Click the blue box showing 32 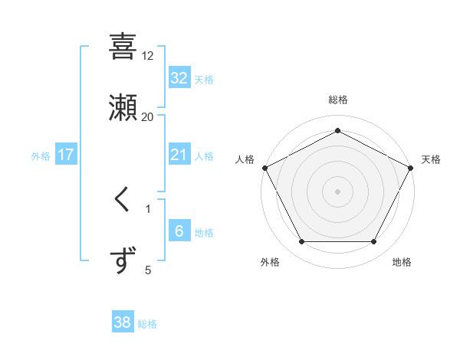tap(179, 77)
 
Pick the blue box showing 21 tap(179, 155)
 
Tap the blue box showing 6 tap(179, 231)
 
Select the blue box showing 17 tap(66, 155)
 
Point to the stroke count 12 tap(148, 56)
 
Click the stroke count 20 tap(148, 117)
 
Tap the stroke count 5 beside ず tap(148, 270)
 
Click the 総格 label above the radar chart tap(337, 100)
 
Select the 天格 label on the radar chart tap(431, 159)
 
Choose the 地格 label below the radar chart tap(402, 262)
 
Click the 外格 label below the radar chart tap(270, 262)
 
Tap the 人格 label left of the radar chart tap(245, 159)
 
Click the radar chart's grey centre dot tap(337, 191)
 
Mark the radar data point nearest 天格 tap(411, 167)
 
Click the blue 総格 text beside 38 tap(147, 324)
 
